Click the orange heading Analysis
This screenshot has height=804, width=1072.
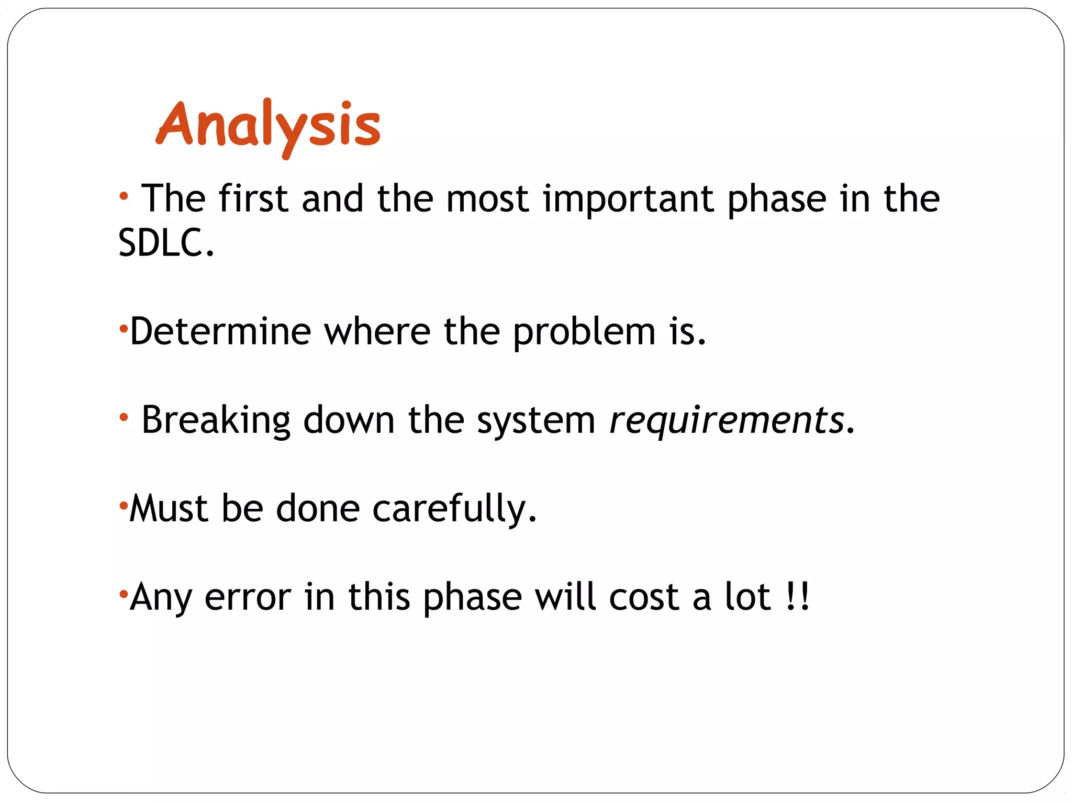(x=268, y=126)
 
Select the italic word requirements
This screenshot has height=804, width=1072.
(x=727, y=420)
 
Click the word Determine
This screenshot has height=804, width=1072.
(x=220, y=331)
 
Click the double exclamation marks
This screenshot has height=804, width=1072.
(x=798, y=596)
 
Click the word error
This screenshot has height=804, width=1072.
(x=248, y=597)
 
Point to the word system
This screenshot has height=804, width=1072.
(x=536, y=421)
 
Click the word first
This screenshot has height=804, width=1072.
(x=253, y=198)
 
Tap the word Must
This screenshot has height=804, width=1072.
(x=169, y=508)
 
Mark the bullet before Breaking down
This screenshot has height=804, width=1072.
(x=124, y=418)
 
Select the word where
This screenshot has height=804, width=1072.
(x=377, y=331)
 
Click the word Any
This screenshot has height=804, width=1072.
(x=160, y=597)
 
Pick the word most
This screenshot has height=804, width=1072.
(x=487, y=199)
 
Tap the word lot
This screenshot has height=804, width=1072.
(x=747, y=596)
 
